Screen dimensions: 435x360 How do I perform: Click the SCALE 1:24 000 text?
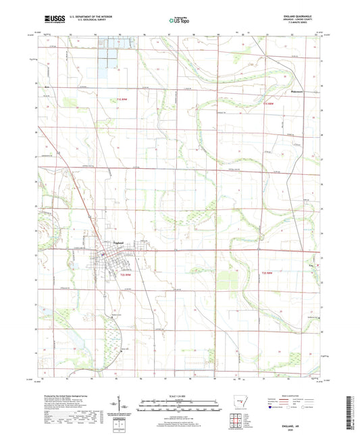(x=179, y=395)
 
